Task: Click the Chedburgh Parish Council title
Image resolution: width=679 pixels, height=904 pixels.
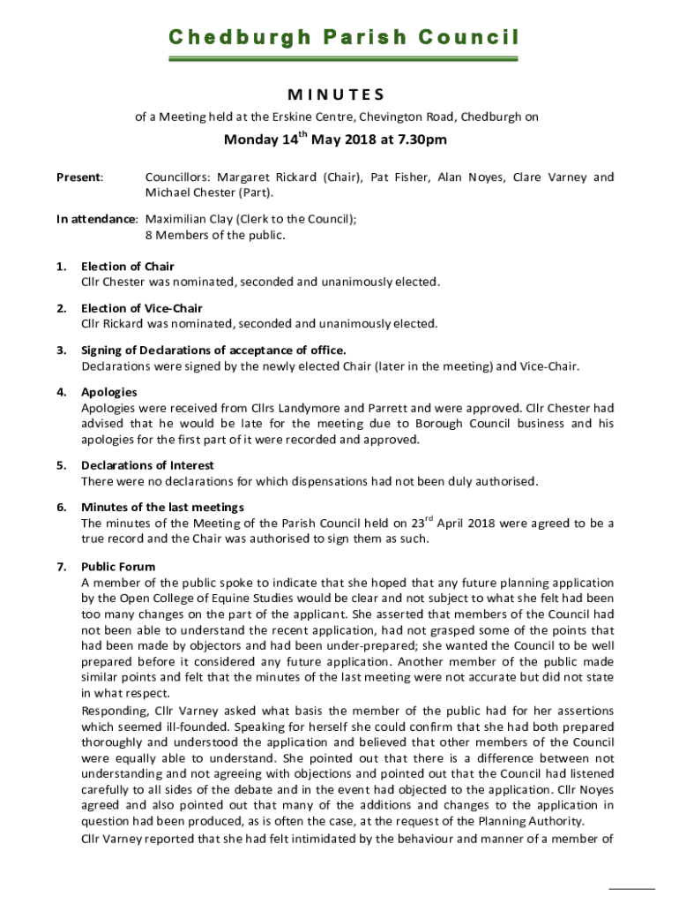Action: (x=344, y=37)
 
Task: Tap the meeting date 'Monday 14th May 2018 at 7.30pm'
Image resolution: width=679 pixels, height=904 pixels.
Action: (x=335, y=139)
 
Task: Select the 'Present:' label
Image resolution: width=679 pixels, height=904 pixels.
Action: (x=79, y=177)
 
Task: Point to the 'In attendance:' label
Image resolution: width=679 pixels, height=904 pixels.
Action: (x=97, y=219)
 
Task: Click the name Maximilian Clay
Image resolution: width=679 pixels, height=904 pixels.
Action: (x=186, y=219)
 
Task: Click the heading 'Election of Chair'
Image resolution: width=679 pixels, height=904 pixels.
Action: (x=128, y=267)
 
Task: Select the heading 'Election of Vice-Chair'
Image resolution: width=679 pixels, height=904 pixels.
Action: (x=142, y=308)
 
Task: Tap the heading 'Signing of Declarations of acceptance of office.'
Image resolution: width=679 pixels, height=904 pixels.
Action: (x=213, y=350)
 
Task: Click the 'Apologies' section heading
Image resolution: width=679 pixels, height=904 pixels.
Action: (x=109, y=392)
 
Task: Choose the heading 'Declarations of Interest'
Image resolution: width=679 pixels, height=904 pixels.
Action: (x=147, y=465)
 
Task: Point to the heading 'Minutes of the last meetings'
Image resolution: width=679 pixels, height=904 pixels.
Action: (x=162, y=507)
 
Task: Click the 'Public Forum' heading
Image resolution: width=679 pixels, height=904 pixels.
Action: (x=118, y=567)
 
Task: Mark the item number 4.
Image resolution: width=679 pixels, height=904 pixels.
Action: (x=61, y=392)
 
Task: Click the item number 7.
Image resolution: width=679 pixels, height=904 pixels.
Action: (x=61, y=567)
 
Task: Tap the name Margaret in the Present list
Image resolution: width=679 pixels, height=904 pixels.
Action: (x=243, y=177)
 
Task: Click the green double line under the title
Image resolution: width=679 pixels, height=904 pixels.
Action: (x=344, y=60)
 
